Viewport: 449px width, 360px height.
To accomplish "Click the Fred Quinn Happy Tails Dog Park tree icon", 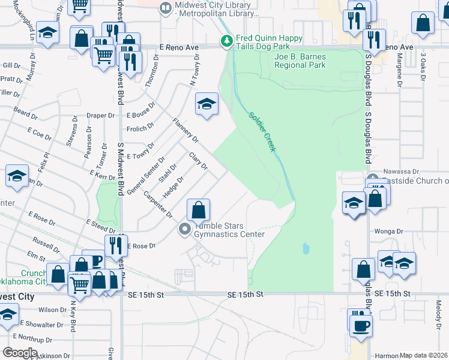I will click(226, 41).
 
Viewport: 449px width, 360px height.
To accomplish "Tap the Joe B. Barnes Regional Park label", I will click(300, 61).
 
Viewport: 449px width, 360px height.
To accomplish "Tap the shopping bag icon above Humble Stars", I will click(198, 210).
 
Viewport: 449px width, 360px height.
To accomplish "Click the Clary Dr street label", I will click(198, 161).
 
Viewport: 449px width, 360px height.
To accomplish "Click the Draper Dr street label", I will click(100, 115).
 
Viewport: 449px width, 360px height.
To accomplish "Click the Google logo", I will click(20, 353).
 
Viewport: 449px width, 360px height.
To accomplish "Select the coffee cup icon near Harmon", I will click(360, 325).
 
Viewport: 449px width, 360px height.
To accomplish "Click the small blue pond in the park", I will click(307, 247).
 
